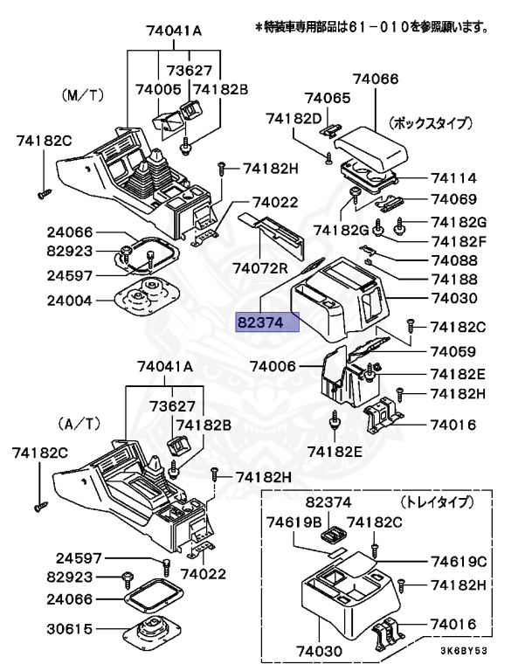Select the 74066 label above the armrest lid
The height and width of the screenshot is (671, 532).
(x=375, y=80)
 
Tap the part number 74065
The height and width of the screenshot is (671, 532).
(x=328, y=99)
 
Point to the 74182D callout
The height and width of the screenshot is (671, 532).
(x=294, y=118)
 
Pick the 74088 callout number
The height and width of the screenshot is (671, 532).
(x=453, y=260)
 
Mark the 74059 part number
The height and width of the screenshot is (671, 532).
(x=453, y=352)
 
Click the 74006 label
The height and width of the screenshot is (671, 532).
(x=273, y=366)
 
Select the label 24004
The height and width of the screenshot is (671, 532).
(x=70, y=298)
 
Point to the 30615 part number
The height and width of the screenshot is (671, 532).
(x=70, y=629)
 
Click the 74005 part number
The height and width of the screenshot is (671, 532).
(x=158, y=89)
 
